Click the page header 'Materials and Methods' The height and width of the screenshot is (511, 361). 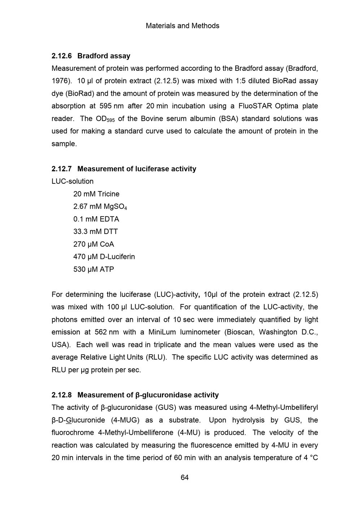(182, 26)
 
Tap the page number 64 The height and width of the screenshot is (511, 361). (184, 478)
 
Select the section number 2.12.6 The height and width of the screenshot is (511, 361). (62, 56)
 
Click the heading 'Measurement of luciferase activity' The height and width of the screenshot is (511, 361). (137, 169)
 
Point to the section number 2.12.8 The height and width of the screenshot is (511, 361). (62, 395)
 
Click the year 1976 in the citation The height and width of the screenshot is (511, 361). (60, 81)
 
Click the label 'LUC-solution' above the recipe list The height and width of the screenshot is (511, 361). (73, 182)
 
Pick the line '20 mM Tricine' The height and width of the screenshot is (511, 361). (96, 194)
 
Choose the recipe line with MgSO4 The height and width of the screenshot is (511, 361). (100, 207)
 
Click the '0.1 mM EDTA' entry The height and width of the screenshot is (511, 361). (96, 219)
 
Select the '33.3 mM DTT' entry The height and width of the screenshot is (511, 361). (96, 232)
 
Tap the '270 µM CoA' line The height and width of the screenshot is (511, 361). (93, 244)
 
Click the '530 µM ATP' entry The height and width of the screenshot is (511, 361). (93, 269)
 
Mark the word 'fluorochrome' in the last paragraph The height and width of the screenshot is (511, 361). (73, 433)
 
